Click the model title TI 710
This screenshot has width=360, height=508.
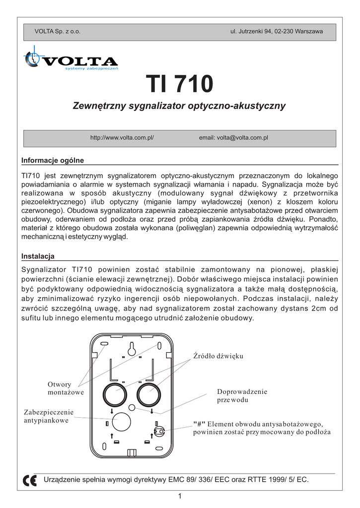tap(180, 84)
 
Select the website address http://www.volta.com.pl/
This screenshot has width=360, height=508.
tap(122, 137)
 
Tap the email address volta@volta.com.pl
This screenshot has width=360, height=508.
tap(233, 137)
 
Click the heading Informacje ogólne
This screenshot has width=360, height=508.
tap(53, 160)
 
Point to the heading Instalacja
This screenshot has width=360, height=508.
tap(38, 256)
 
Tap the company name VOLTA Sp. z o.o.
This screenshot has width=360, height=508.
tap(57, 31)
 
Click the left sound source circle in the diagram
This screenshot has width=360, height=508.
tap(115, 395)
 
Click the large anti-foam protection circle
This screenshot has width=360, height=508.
tap(121, 423)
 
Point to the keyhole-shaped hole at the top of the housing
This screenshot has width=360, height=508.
tap(131, 350)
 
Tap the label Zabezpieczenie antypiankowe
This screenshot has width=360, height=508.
tap(49, 416)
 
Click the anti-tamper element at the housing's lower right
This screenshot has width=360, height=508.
tap(159, 431)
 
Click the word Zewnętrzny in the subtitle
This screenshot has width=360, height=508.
tap(99, 106)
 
